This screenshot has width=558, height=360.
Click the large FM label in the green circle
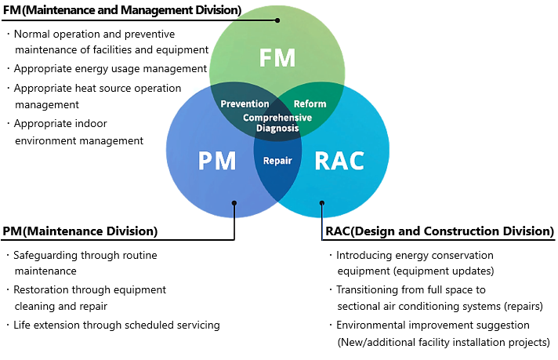pyautogui.click(x=277, y=58)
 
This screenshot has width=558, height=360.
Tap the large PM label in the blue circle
pyautogui.click(x=217, y=161)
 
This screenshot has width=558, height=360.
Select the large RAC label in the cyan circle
pyautogui.click(x=339, y=161)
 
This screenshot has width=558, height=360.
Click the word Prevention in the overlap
pyautogui.click(x=245, y=104)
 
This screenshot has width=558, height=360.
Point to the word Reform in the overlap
pyautogui.click(x=310, y=104)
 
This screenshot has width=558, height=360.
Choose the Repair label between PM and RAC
pyautogui.click(x=277, y=161)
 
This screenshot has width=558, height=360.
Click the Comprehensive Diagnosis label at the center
pyautogui.click(x=277, y=123)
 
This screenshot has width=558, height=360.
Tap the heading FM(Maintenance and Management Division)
pyautogui.click(x=122, y=10)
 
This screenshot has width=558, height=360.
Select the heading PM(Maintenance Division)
pyautogui.click(x=80, y=231)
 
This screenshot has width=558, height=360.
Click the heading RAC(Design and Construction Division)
pyautogui.click(x=440, y=231)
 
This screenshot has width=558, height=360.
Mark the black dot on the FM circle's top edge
pyautogui.click(x=277, y=20)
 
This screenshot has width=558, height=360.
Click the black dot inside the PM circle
pyautogui.click(x=234, y=203)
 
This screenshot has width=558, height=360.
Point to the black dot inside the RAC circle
pyautogui.click(x=321, y=203)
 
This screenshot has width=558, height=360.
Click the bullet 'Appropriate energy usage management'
pyautogui.click(x=111, y=69)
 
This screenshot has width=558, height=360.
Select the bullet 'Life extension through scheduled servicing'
pyautogui.click(x=117, y=325)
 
